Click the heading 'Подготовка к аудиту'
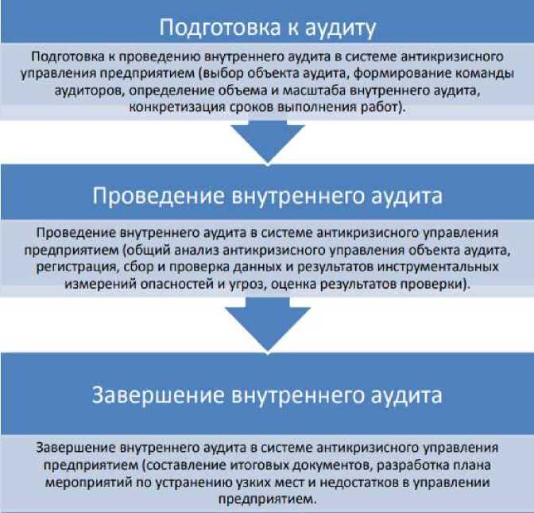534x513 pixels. point(267,28)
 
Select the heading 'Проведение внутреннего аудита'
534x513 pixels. point(267,195)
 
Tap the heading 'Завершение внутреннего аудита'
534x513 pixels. point(267,395)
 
